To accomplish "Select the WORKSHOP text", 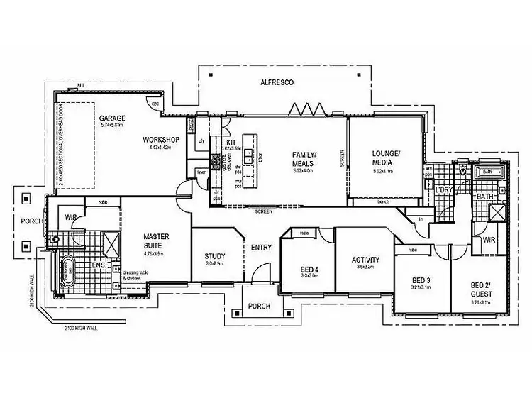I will (x=160, y=140).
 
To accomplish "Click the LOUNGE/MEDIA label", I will (x=386, y=158).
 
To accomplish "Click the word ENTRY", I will (x=261, y=247).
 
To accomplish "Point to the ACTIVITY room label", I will (x=365, y=260).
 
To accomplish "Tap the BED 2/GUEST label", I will (x=480, y=289).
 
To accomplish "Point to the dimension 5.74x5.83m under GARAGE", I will (x=111, y=125).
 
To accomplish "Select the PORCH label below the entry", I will (x=260, y=308).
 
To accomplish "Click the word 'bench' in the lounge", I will (x=384, y=202).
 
